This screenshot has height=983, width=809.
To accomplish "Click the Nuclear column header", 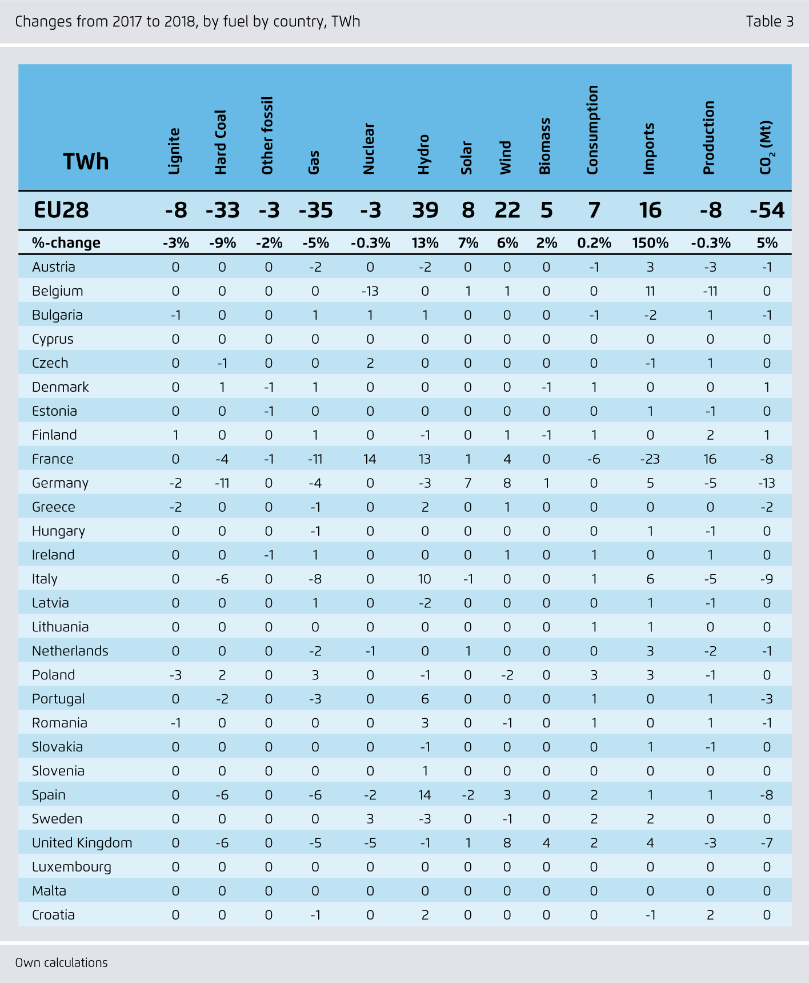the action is click(x=369, y=148).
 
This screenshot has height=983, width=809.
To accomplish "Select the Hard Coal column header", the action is click(x=221, y=142).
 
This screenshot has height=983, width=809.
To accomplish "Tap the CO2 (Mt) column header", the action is click(x=766, y=148).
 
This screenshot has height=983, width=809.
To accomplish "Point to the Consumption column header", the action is click(x=592, y=130).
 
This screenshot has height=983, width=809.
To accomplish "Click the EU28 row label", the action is click(x=61, y=210).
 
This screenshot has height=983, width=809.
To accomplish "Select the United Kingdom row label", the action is click(x=82, y=843).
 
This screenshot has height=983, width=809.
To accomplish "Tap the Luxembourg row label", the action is click(x=71, y=867).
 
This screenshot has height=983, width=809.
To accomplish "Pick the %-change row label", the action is click(x=66, y=243).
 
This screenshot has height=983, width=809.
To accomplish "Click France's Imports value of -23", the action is click(x=650, y=459).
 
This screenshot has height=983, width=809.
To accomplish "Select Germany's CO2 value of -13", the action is click(x=766, y=483).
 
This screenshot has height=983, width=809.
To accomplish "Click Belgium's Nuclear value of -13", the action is click(x=370, y=291).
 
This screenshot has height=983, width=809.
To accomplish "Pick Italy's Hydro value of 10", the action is click(x=424, y=579).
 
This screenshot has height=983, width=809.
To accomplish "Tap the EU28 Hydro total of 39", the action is click(x=425, y=210).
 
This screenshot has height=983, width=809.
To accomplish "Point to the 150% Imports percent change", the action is click(x=650, y=243).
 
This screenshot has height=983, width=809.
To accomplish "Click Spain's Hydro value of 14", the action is click(x=424, y=795).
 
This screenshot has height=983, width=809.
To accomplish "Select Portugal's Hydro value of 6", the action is click(x=424, y=699).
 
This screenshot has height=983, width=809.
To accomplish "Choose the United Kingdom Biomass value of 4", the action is click(x=546, y=843).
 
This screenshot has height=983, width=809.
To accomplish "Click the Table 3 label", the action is click(x=770, y=22).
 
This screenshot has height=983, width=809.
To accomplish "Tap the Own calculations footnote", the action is click(x=61, y=962).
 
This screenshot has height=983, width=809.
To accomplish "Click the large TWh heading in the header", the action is click(x=86, y=162).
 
